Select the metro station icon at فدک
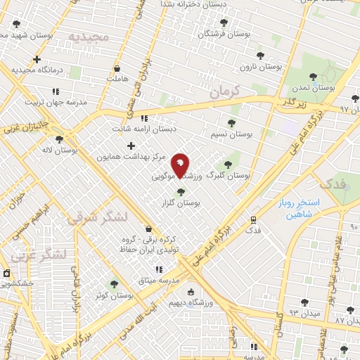(x=254, y=219)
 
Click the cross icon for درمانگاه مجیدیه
(x=37, y=60)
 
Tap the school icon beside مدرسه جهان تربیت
(x=56, y=91)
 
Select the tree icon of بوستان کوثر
(x=114, y=284)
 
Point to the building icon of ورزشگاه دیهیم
(x=189, y=292)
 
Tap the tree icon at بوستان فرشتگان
(x=224, y=22)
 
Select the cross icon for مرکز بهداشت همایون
(x=131, y=146)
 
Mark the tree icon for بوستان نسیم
(x=231, y=123)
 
